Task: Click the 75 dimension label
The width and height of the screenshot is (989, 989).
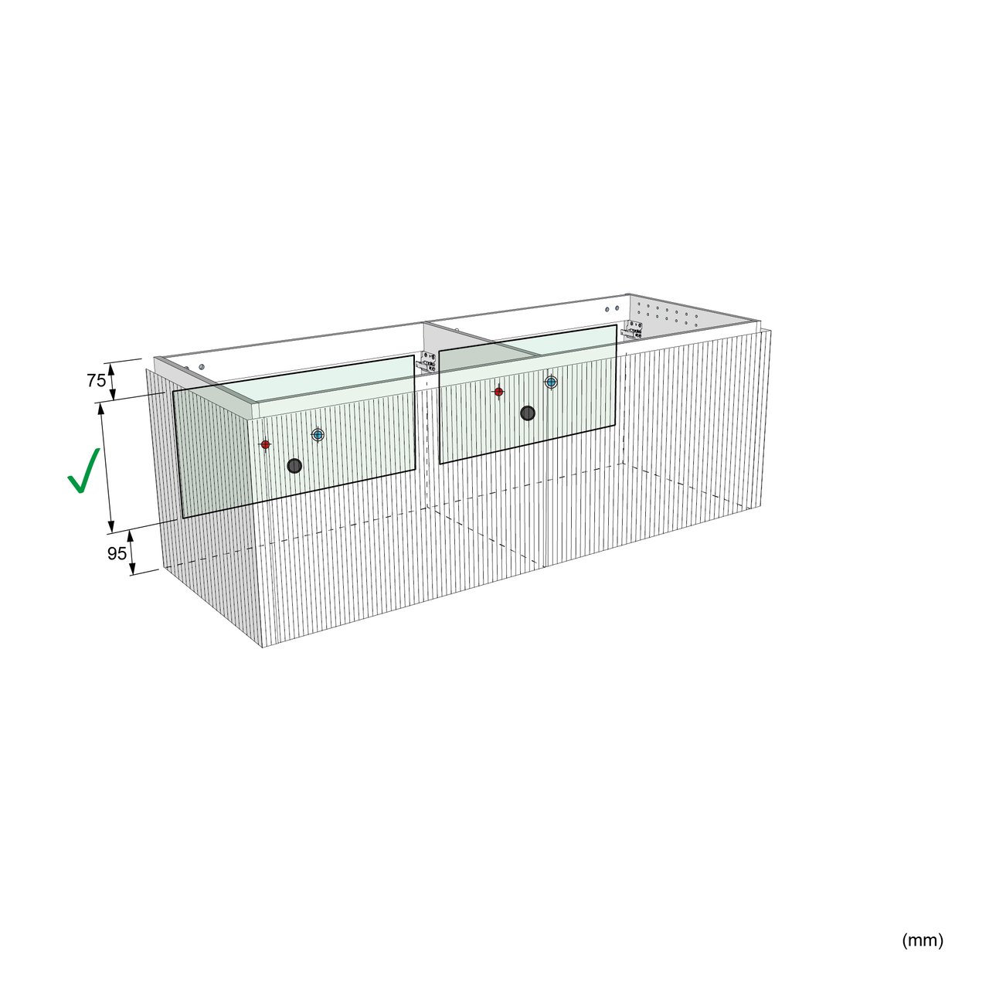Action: coord(97,380)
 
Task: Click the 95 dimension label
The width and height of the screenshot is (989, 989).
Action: coord(117,553)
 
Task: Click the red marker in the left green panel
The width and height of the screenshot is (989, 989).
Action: coord(265,444)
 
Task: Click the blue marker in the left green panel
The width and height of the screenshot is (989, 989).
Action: coord(318,435)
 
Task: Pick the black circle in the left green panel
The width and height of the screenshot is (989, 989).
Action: coord(294,465)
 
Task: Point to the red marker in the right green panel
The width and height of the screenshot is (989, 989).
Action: coord(498,392)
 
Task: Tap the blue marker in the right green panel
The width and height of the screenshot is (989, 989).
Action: coord(551,382)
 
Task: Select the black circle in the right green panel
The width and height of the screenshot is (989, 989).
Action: coord(528,413)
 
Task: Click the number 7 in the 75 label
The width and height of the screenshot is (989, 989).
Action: coord(91,380)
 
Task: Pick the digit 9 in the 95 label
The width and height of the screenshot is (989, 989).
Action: coord(112,553)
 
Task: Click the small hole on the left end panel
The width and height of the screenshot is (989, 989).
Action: coord(202,366)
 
